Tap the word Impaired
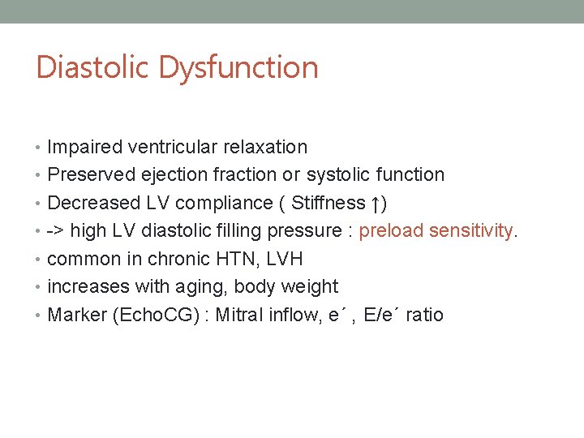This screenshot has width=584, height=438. [82, 147]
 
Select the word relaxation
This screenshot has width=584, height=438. [267, 147]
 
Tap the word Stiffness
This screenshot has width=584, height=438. [328, 203]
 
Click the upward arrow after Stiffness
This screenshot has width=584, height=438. [375, 203]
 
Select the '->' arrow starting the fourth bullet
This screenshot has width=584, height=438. [56, 231]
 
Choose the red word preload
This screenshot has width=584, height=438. [391, 231]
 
